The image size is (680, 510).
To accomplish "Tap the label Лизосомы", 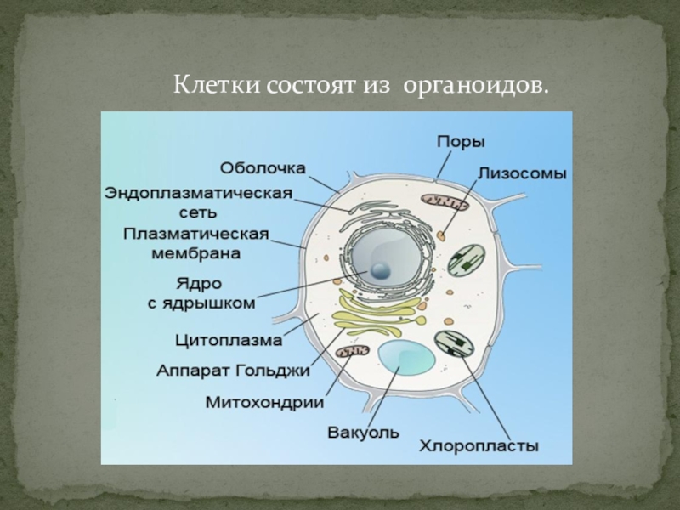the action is click(x=522, y=172).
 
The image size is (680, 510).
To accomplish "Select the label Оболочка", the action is click(x=264, y=167).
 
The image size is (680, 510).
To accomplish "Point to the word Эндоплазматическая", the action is click(x=198, y=193).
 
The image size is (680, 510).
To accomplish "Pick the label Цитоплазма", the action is click(x=228, y=343).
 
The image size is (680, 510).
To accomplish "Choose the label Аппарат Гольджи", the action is click(x=233, y=371).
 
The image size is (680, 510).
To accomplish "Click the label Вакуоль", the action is click(x=363, y=433).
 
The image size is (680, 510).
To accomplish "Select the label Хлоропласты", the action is click(x=481, y=445).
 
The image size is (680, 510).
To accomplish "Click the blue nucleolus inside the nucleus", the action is click(x=379, y=271).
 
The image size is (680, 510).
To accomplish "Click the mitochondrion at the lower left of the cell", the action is click(x=353, y=350).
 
